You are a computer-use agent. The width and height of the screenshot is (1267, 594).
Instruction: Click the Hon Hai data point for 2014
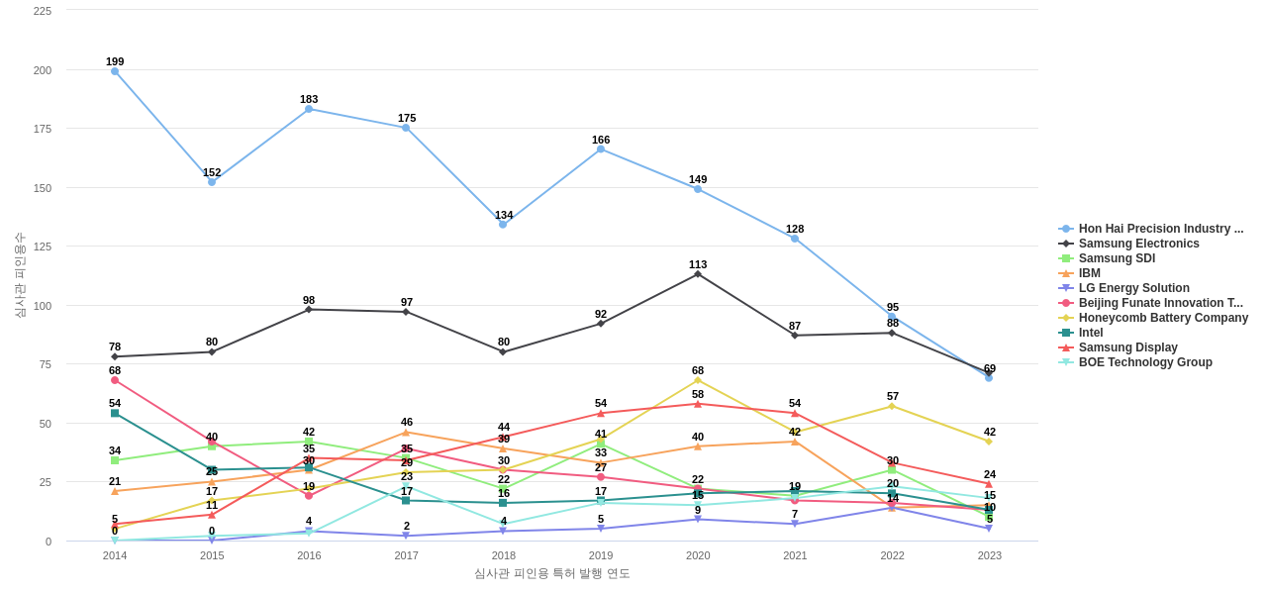point(115,71)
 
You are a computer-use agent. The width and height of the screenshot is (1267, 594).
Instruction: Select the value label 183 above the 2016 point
point(309,99)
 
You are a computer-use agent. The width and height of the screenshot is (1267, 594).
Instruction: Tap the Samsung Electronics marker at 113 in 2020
point(698,274)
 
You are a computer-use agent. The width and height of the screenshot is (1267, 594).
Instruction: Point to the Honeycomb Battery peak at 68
point(698,380)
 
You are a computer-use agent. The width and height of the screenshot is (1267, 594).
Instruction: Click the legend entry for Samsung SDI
point(1117,258)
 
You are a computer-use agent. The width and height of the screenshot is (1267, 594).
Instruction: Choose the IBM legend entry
point(1089,273)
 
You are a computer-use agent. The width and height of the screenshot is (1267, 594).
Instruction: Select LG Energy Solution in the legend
point(1133,288)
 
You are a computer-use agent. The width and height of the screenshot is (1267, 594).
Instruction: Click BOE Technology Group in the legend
point(1144,362)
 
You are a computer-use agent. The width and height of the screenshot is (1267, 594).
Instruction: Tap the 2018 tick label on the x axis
point(503,555)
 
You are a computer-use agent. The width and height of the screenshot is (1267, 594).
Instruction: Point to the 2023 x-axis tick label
point(989,555)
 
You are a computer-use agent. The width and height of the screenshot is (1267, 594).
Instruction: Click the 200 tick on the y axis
point(43,70)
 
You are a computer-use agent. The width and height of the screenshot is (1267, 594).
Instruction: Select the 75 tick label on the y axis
point(46,364)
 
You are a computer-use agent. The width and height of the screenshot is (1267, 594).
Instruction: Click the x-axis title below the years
point(551,573)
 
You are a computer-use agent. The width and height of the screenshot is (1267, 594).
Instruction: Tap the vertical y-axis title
point(20,275)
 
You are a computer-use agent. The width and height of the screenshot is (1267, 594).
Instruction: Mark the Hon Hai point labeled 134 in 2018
point(503,225)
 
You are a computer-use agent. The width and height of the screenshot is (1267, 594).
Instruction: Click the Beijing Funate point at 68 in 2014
point(115,380)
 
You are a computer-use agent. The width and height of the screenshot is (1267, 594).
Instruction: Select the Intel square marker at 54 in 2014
point(115,413)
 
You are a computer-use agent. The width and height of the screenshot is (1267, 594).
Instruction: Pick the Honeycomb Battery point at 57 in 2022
point(892,406)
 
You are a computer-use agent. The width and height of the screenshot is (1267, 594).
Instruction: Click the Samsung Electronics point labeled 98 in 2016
point(309,310)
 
